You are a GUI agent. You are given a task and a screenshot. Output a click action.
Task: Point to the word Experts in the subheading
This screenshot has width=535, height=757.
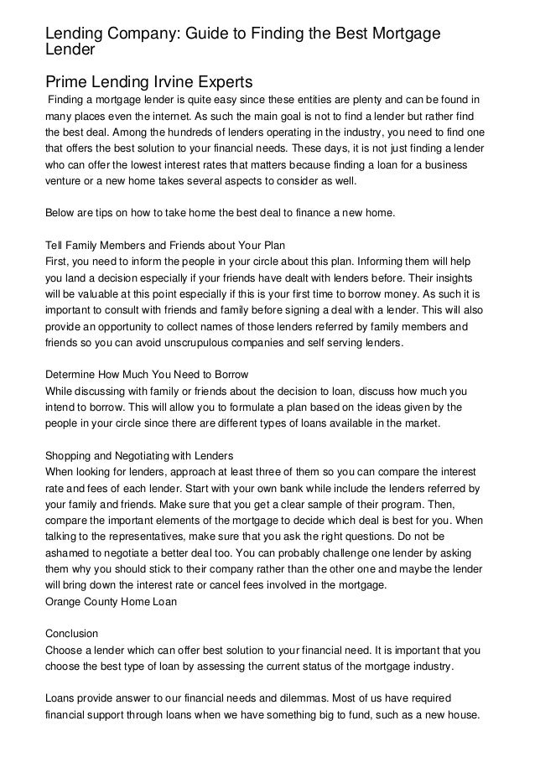coord(223,82)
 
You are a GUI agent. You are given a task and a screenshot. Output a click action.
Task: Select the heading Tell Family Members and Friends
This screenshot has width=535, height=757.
coord(165,245)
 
